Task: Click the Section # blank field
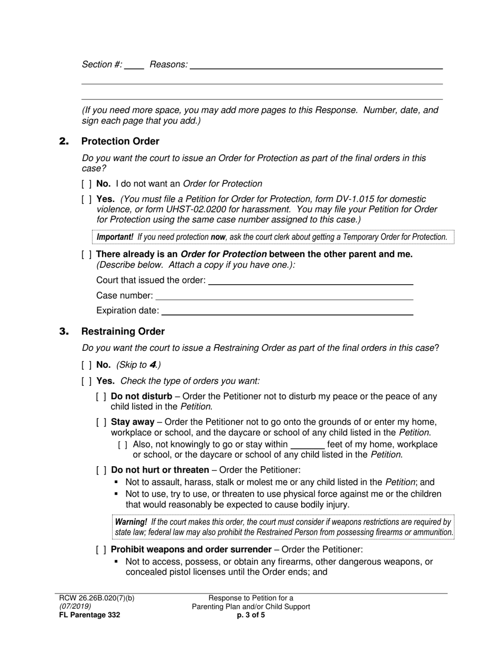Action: (x=134, y=66)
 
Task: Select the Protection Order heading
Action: (x=120, y=141)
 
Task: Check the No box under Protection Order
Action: (x=86, y=184)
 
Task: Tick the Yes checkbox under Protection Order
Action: (x=86, y=199)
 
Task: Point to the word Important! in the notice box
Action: (x=115, y=237)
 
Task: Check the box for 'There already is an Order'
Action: (x=86, y=254)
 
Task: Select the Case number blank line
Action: (x=284, y=296)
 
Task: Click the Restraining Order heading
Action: (x=123, y=331)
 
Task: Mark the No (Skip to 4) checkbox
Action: (x=86, y=365)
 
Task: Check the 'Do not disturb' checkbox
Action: (x=101, y=397)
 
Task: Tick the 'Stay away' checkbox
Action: (x=101, y=422)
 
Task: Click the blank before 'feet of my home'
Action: (x=308, y=445)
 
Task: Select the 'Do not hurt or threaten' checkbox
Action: (x=101, y=470)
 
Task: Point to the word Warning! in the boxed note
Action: (x=131, y=522)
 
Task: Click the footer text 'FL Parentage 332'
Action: (x=89, y=615)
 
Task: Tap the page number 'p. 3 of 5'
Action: (x=251, y=615)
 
